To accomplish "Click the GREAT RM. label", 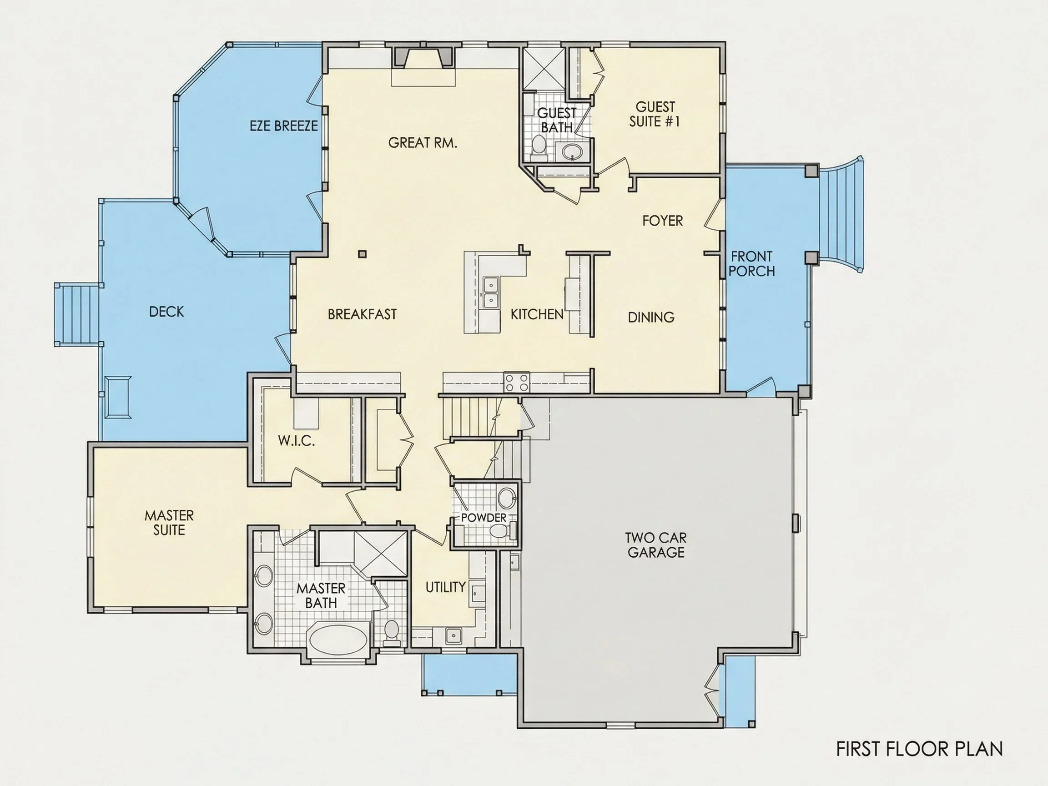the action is [423, 143].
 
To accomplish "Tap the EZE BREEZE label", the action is [284, 126].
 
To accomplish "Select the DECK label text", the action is [166, 312].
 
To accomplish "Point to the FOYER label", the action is [662, 221].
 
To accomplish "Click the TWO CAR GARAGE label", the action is [656, 545].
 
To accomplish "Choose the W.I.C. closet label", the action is [296, 441].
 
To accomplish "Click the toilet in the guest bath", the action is [538, 146].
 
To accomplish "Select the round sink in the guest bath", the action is [572, 151].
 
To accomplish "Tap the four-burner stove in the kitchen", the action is [516, 383].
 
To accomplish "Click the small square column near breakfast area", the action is [363, 254].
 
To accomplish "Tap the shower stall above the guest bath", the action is [543, 68].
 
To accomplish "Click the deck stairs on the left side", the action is [78, 315].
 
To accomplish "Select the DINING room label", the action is [651, 317].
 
